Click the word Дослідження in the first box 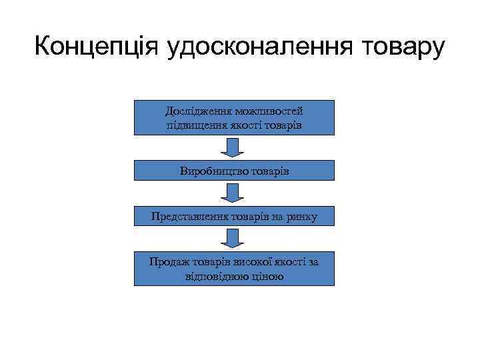(197, 111)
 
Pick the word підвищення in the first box (193, 124)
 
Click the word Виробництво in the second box (211, 171)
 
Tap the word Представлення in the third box (188, 216)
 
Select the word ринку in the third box (301, 216)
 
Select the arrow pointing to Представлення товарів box (233, 193)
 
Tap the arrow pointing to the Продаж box (233, 239)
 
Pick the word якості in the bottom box (286, 261)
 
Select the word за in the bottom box (312, 261)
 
